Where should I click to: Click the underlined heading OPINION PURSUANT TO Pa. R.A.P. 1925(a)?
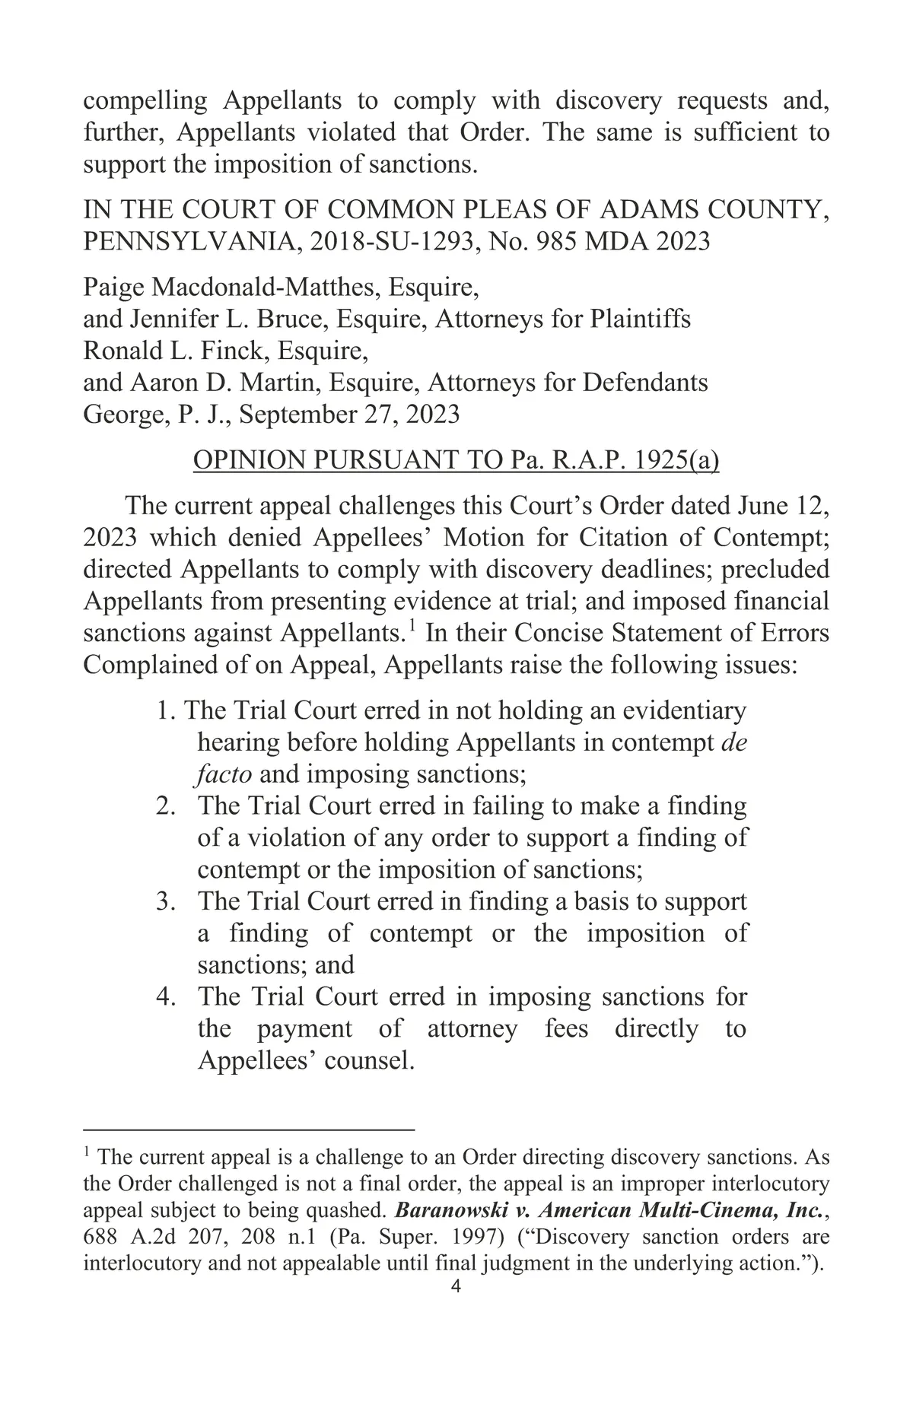(x=456, y=461)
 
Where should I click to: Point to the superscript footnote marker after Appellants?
(x=412, y=626)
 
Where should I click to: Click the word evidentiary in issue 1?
(x=684, y=711)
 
